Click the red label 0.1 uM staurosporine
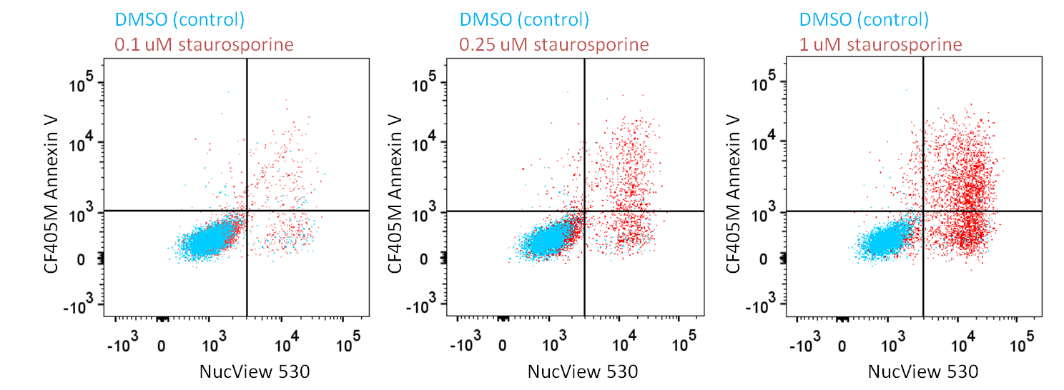pyautogui.click(x=204, y=44)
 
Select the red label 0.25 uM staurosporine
pyautogui.click(x=553, y=44)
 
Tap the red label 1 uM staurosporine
pyautogui.click(x=880, y=44)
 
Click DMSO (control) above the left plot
pyautogui.click(x=179, y=19)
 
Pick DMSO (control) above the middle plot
pyautogui.click(x=524, y=19)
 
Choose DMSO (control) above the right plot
pyautogui.click(x=864, y=19)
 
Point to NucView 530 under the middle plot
pyautogui.click(x=583, y=371)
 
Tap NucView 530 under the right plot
pyautogui.click(x=922, y=371)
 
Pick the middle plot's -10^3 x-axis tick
pyautogui.click(x=464, y=346)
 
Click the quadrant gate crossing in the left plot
pyautogui.click(x=247, y=211)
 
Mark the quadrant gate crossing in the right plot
pyautogui.click(x=923, y=211)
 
